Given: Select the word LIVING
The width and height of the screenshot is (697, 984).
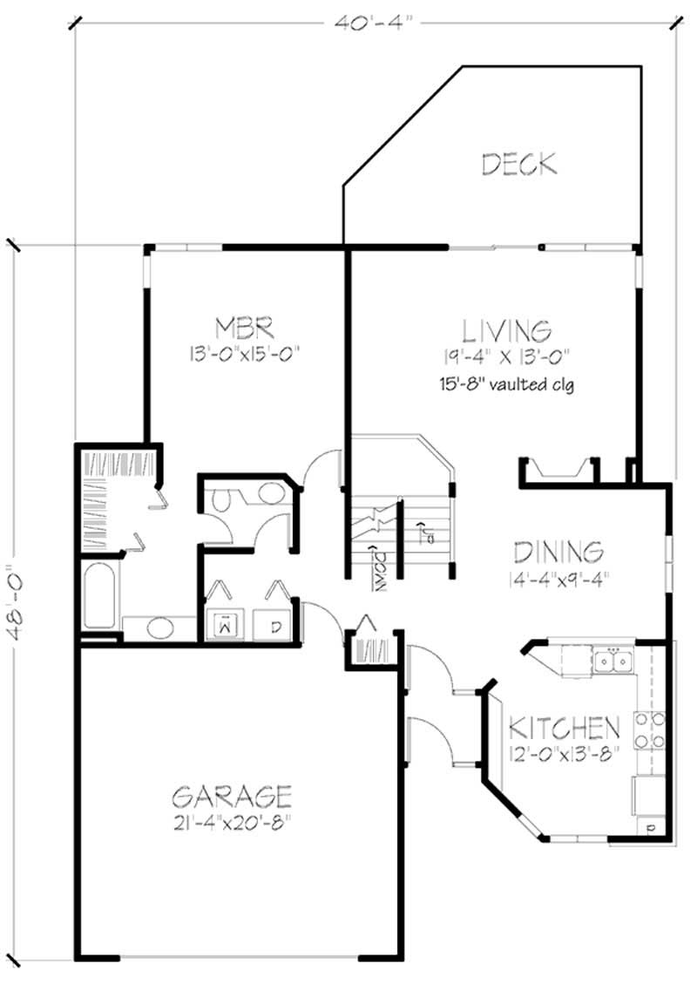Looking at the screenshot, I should tap(506, 330).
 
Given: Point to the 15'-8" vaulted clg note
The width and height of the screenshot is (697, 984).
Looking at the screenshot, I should tap(507, 383).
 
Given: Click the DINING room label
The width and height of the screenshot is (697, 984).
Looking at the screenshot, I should tap(558, 553).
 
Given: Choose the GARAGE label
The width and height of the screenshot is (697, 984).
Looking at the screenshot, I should tap(231, 796).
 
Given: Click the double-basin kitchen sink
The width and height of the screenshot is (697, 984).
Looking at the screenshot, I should tap(613, 662).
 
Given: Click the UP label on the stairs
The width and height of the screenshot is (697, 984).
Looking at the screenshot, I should tap(424, 532).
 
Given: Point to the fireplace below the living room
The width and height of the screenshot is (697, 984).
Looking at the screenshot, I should tap(559, 472).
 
